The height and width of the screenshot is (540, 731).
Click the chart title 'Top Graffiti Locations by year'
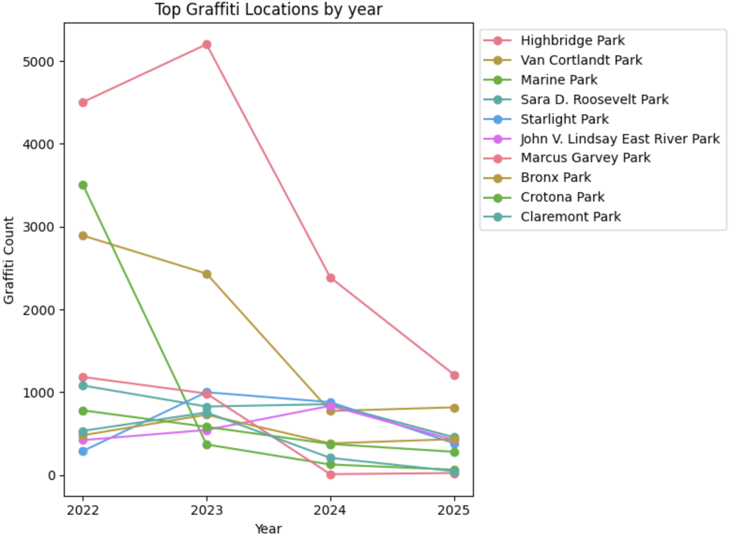[268, 9]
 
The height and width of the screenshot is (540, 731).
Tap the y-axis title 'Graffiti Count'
[9, 260]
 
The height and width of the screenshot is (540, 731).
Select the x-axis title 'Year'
[268, 529]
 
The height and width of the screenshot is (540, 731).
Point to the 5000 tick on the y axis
[38, 62]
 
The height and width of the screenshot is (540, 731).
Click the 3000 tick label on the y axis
[38, 227]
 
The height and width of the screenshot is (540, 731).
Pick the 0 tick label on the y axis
[52, 476]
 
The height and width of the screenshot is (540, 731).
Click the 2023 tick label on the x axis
[206, 510]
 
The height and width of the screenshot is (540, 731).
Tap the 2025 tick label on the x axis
[454, 510]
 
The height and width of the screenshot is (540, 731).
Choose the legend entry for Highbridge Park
[572, 41]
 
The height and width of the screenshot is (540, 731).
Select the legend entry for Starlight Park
[564, 120]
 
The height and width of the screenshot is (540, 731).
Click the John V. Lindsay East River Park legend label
[620, 139]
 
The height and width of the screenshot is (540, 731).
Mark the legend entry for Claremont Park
[571, 217]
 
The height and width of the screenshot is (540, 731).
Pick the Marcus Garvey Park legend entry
[586, 158]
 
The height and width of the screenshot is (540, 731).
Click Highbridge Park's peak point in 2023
[206, 45]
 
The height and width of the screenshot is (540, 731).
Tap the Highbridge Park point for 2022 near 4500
[83, 103]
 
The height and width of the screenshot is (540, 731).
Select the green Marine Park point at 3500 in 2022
[83, 185]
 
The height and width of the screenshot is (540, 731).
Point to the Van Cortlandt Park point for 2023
[206, 274]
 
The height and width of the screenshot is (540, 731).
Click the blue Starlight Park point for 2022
[83, 451]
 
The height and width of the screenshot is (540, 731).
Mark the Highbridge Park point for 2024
[330, 278]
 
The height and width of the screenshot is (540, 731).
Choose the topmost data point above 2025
[454, 375]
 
